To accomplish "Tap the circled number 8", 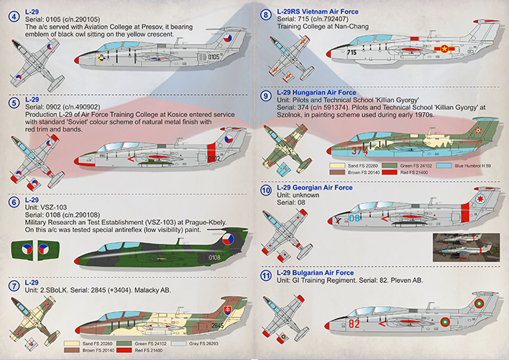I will (265, 14).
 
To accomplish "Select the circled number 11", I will (265, 274).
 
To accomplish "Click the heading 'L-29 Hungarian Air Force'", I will (319, 93).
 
